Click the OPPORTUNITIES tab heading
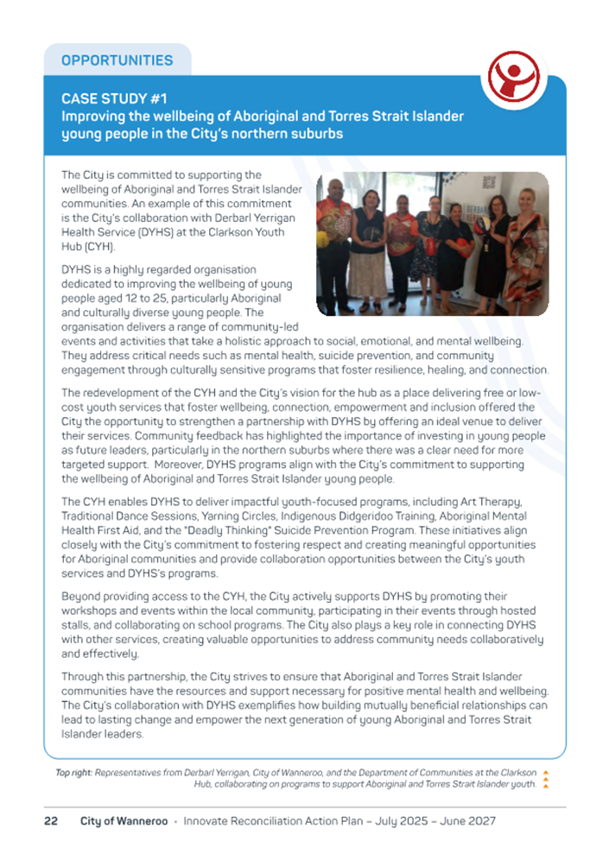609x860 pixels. [117, 60]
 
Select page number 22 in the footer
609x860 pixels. [51, 821]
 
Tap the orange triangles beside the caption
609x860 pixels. [545, 778]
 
